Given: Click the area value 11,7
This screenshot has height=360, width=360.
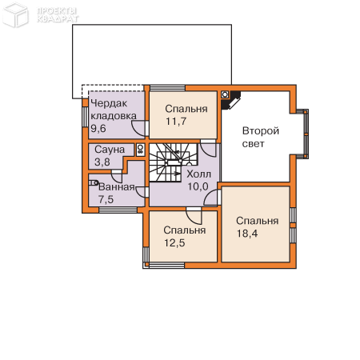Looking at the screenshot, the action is [176, 122].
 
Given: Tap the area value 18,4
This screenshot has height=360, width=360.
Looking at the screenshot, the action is [247, 234].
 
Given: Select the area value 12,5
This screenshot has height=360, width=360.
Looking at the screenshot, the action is [174, 243].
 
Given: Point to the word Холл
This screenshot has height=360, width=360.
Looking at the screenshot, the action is [199, 174].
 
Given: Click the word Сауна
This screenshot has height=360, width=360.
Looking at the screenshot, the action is [110, 150].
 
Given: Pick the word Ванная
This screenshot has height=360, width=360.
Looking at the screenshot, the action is [117, 187].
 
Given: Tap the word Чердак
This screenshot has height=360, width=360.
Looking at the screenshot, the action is [109, 103].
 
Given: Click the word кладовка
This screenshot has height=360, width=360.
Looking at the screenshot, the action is [114, 116].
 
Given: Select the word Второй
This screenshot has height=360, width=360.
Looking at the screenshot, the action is [261, 131].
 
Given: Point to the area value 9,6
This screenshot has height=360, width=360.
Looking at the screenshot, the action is [98, 129].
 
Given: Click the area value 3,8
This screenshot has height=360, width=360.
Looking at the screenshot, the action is [102, 162].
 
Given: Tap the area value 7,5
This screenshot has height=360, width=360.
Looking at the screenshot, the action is [106, 199].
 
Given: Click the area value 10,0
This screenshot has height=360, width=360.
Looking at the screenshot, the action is [198, 186].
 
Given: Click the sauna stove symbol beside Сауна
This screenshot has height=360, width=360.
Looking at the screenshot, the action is [140, 150].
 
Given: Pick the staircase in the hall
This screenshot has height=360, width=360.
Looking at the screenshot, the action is [173, 162].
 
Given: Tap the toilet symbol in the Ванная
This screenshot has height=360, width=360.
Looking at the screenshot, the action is [94, 182].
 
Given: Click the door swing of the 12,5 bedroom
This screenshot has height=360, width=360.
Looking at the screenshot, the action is [194, 216].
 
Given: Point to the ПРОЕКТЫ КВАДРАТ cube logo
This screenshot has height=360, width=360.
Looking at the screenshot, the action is [15, 14].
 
